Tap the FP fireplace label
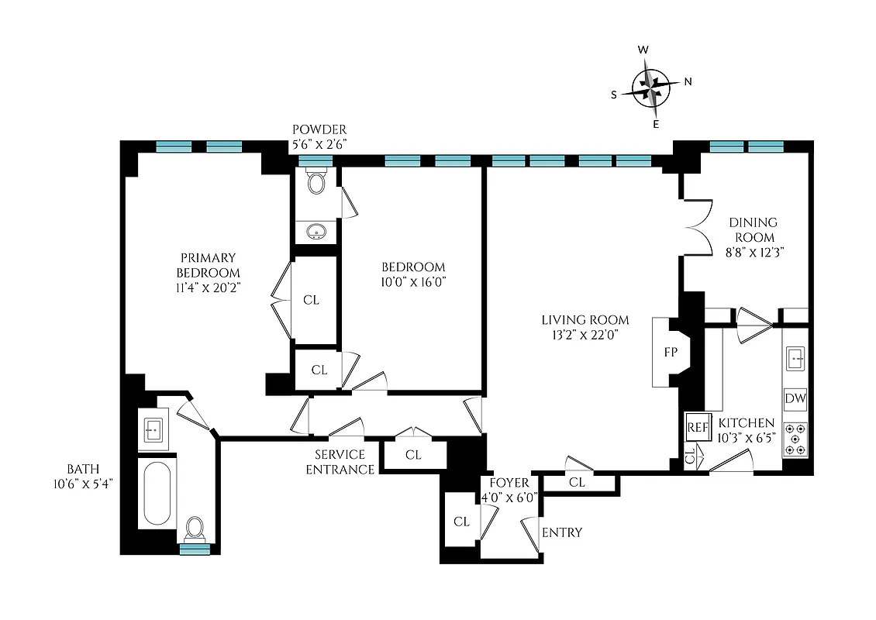pos(671,352)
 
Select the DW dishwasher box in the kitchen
pos(795,399)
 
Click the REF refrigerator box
pos(698,426)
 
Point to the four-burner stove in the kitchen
pos(795,439)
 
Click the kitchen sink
pos(795,358)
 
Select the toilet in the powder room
pos(316,182)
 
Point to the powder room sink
pos(316,231)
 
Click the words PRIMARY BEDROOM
pos(208,265)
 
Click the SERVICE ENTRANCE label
pos(344,462)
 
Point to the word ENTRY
pos(562,532)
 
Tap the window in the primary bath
pos(195,549)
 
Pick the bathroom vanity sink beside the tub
pos(153,429)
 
